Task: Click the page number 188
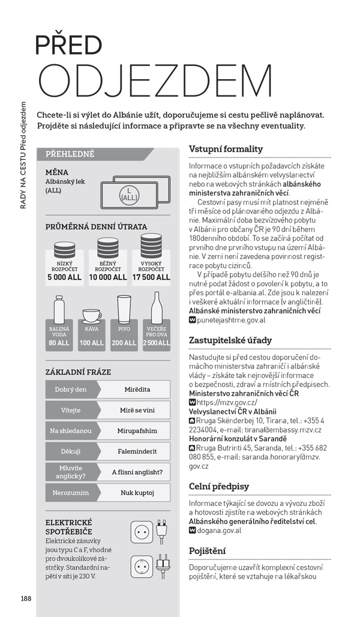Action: (x=25, y=598)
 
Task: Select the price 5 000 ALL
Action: (x=64, y=277)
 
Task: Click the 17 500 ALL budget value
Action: (x=151, y=277)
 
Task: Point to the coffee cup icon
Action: (x=92, y=316)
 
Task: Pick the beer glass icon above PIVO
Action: (x=124, y=308)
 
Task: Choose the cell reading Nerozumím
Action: (x=71, y=493)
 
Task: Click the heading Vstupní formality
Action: (x=226, y=149)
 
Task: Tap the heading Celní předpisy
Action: (x=218, y=486)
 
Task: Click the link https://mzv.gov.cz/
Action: (x=227, y=402)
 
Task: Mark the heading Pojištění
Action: (x=207, y=550)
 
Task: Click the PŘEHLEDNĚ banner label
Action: (x=70, y=154)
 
